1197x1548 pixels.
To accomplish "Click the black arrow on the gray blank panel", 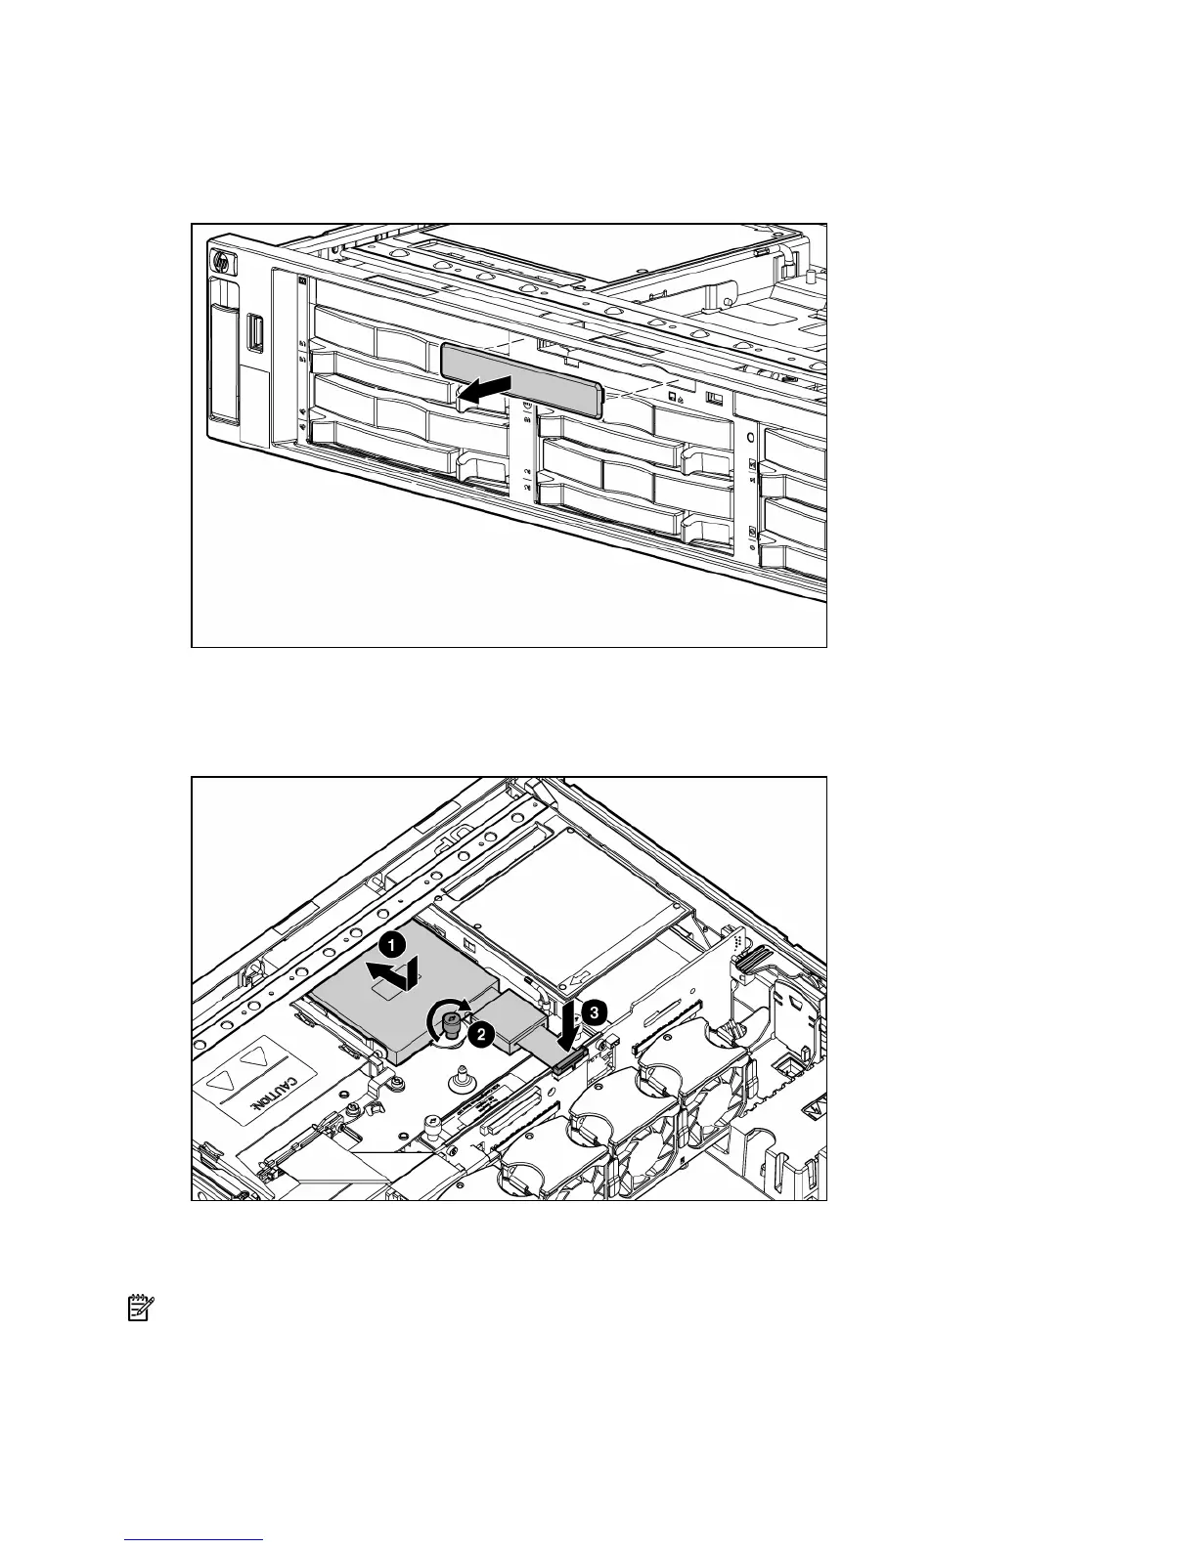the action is pos(485,390).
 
